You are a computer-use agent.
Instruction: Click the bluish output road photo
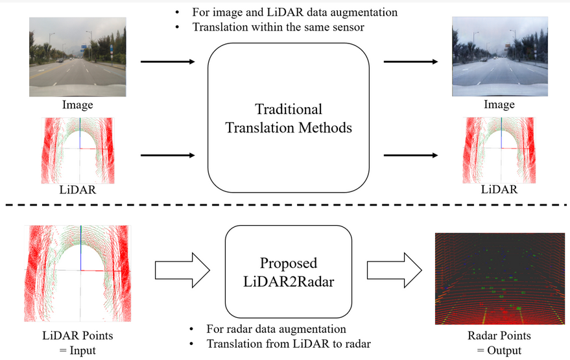[499, 57]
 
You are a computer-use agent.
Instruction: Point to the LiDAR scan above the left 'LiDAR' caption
[78, 150]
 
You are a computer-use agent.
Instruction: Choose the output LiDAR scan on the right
[499, 150]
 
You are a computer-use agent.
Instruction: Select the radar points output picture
[499, 280]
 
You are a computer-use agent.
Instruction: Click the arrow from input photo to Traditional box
[167, 62]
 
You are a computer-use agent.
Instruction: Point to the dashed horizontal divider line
[285, 206]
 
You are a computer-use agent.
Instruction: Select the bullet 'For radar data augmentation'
[275, 329]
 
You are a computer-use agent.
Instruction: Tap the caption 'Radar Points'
[499, 335]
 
